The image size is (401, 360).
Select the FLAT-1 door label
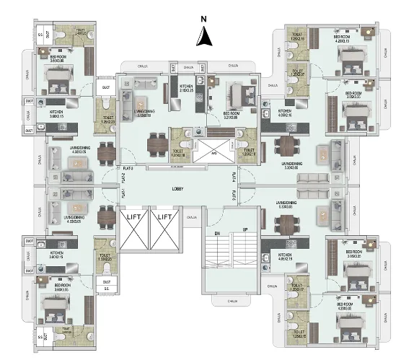tap(124, 193)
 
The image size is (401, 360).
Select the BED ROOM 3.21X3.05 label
tap(231, 115)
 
